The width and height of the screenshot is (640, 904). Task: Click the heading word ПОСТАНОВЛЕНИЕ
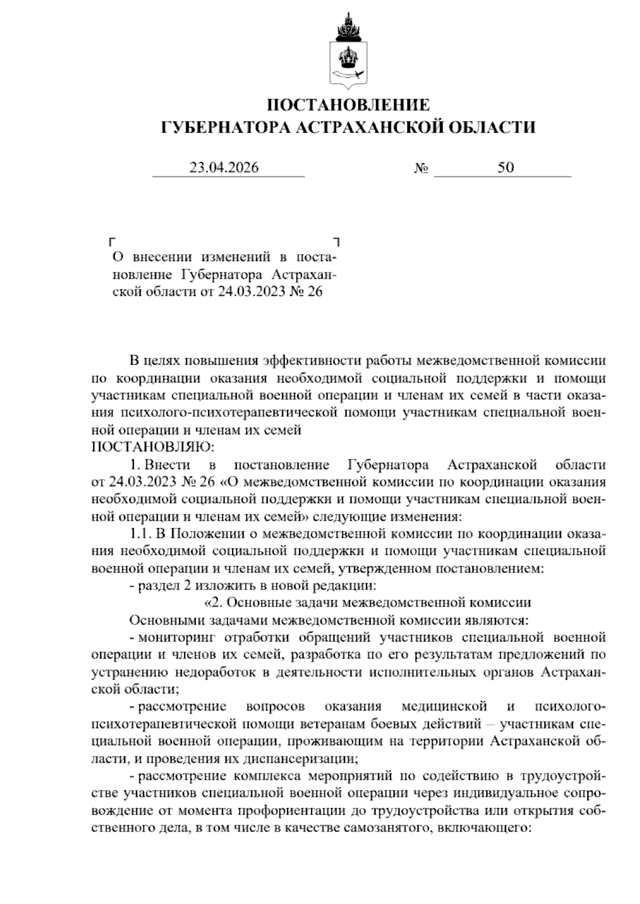click(348, 104)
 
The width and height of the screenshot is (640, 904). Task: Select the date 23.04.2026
click(224, 168)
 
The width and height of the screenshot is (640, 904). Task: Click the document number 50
click(506, 168)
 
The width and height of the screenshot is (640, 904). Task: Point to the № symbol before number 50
click(421, 169)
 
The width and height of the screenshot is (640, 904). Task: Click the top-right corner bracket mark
click(336, 241)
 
